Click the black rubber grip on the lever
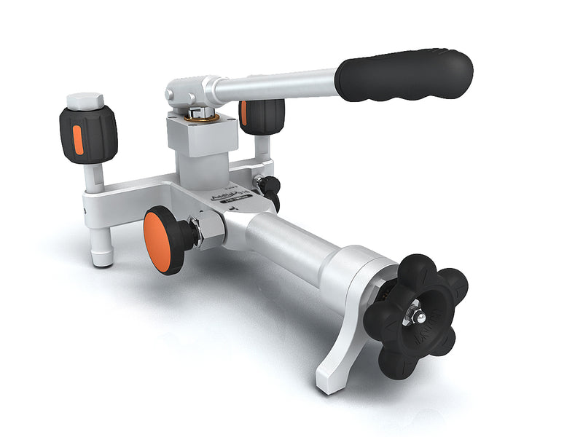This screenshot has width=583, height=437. pos(404,75)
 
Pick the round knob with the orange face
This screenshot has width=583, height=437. pos(163,240)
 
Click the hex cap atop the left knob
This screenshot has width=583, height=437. pos(85,101)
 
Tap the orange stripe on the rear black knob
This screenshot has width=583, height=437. pos(244,114)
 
